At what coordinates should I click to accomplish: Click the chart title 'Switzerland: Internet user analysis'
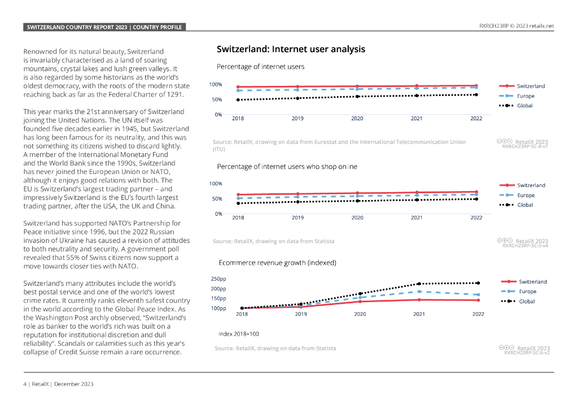pos(291,49)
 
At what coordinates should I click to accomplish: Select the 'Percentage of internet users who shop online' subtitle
pos(287,166)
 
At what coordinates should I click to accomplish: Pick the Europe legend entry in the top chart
pos(526,96)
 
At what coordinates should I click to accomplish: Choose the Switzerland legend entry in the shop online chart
pos(531,185)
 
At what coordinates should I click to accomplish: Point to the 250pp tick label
pos(219,279)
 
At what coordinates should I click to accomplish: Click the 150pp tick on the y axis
pos(219,298)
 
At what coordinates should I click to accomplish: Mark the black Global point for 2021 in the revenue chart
pos(419,284)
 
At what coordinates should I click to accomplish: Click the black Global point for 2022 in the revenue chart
pos(478,283)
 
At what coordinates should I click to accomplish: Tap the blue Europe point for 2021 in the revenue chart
pos(419,291)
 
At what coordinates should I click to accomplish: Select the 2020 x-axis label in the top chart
pos(357,119)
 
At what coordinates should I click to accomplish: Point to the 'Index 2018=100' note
pos(239,334)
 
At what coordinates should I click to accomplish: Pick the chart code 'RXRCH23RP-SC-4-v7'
pos(524,146)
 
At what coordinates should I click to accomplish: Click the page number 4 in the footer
pos(24,384)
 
